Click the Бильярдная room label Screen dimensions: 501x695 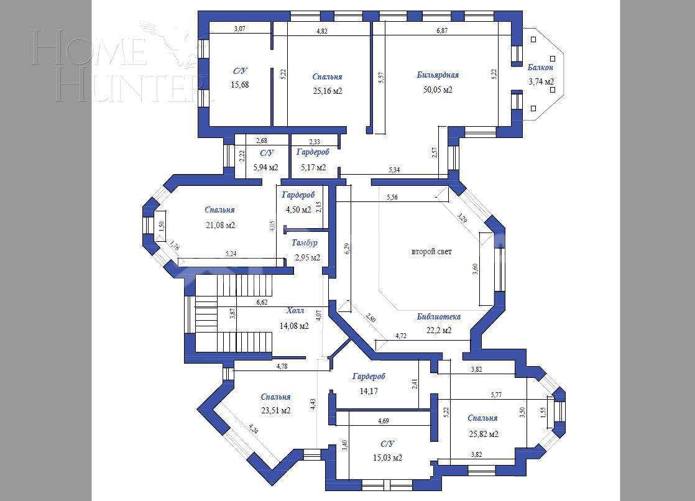(438, 75)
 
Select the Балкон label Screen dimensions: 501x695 (540, 67)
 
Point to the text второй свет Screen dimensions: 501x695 (431, 252)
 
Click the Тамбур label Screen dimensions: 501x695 (305, 243)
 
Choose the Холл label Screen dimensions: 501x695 (295, 310)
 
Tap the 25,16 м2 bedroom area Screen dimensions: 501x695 (327, 91)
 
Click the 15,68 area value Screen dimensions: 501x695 (240, 85)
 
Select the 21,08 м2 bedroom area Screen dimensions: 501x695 (220, 225)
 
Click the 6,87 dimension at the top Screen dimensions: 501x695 (442, 30)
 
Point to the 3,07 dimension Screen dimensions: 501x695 (240, 29)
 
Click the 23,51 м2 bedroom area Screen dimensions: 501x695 (275, 410)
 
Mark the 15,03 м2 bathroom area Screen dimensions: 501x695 (387, 457)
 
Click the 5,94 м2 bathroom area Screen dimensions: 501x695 (265, 167)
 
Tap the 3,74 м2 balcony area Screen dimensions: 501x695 (541, 81)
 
